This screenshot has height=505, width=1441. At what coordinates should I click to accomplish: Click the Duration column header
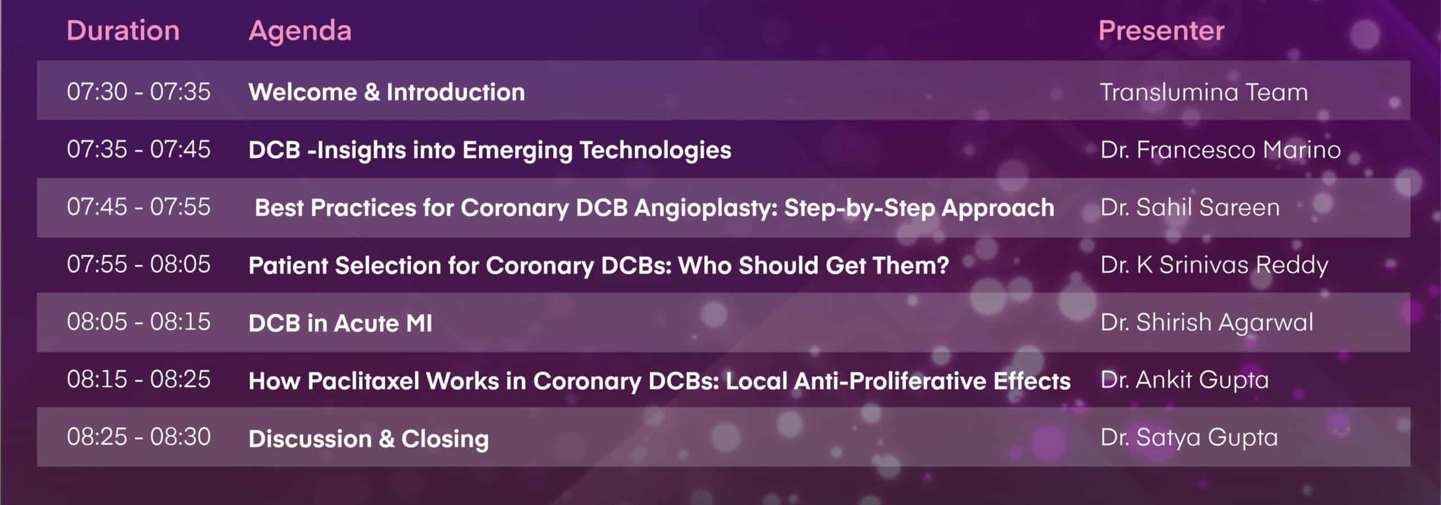click(x=123, y=30)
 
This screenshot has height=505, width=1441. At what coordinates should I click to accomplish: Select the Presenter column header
click(x=1161, y=30)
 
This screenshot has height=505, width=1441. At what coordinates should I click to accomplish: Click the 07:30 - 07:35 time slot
click(x=138, y=92)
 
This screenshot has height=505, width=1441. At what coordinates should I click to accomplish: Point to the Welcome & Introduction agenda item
click(x=387, y=92)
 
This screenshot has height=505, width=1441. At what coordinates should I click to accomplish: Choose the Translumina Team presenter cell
click(x=1204, y=92)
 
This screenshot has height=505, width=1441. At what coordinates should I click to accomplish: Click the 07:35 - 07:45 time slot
click(x=138, y=149)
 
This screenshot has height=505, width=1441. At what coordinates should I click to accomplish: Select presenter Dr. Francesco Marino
click(x=1220, y=150)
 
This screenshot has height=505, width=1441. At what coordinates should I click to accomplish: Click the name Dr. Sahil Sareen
click(x=1190, y=207)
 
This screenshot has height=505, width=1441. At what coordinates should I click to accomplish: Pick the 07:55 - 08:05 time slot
click(x=138, y=264)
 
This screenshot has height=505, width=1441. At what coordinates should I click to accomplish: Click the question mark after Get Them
click(x=942, y=265)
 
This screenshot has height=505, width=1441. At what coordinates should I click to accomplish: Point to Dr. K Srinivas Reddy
click(x=1214, y=265)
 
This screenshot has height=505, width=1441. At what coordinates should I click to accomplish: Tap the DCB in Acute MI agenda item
click(x=341, y=323)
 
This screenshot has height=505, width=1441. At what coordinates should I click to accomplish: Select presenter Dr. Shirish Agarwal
click(x=1207, y=323)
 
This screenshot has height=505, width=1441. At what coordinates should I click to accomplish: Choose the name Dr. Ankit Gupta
click(x=1185, y=380)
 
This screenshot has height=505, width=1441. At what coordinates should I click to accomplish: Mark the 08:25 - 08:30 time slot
click(x=138, y=437)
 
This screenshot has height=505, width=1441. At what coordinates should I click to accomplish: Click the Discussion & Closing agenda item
click(x=369, y=439)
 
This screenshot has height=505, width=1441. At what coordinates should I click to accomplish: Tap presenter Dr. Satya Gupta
click(x=1189, y=438)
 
